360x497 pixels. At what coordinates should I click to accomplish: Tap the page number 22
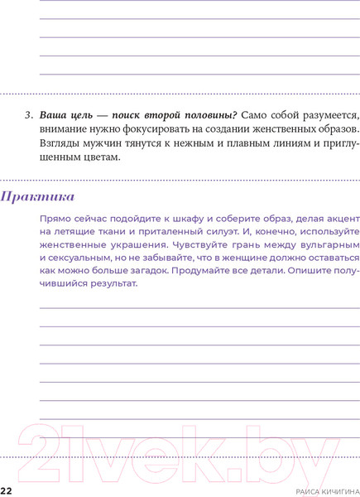coord(6,491)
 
